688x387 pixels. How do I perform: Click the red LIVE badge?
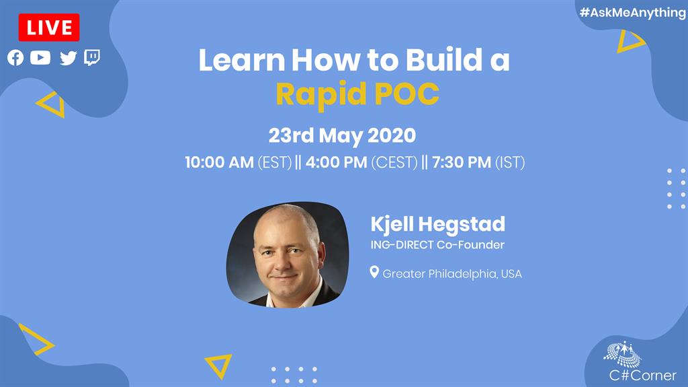point(48,28)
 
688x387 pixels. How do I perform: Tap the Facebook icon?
point(15,58)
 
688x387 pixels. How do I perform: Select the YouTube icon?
point(40,58)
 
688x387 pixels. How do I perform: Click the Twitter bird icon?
point(68,58)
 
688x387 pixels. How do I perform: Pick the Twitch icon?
point(92,58)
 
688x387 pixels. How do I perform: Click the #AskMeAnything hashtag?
point(632,12)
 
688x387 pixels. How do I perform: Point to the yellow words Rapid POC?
point(357,94)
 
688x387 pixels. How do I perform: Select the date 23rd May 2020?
point(342,135)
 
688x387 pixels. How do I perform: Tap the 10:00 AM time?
point(220,162)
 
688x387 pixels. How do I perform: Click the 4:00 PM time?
point(336,162)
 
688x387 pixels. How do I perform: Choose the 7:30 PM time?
point(462,162)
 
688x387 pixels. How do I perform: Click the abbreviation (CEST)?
point(394,163)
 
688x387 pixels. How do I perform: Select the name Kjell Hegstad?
point(438,224)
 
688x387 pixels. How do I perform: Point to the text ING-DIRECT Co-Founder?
point(437,244)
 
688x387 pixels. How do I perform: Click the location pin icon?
point(374,272)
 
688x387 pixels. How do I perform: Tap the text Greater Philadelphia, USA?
point(452,274)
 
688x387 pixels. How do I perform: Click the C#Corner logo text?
point(643,375)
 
